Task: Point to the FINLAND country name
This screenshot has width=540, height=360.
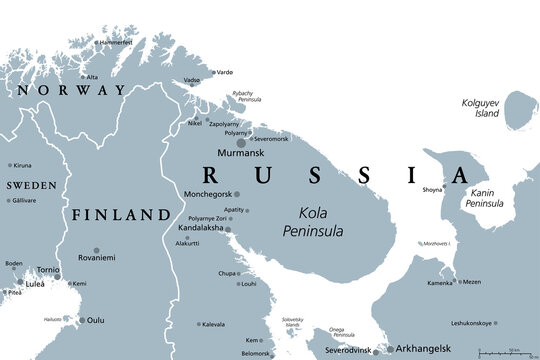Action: [x=118, y=215]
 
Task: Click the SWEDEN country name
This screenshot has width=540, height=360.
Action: [x=31, y=186]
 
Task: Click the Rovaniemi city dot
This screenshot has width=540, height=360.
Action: [x=96, y=250]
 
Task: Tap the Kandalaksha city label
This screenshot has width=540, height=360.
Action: [x=200, y=228]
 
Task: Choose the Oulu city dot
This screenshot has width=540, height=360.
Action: [x=82, y=321]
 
